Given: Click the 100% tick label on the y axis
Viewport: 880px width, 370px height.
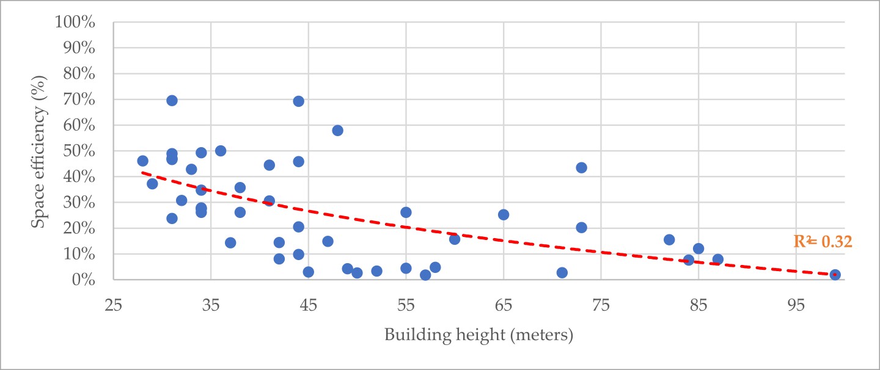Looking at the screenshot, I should click(x=83, y=23).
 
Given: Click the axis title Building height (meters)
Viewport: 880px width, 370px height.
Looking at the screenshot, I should click(x=479, y=335).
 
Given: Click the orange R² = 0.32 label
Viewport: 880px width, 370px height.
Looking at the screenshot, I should click(x=823, y=242).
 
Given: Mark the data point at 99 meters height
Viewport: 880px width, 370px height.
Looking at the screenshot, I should click(x=835, y=275).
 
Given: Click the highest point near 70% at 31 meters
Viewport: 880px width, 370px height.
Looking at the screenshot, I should click(x=172, y=101).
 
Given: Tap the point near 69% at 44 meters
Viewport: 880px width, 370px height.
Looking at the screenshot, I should click(x=298, y=101).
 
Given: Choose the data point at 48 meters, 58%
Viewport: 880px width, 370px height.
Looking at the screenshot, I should click(x=337, y=131).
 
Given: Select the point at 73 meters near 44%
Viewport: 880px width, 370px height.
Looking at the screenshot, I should click(x=581, y=168).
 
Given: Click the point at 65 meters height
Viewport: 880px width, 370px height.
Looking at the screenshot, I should click(x=504, y=215).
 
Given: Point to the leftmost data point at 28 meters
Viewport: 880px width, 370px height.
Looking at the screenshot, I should click(x=142, y=161).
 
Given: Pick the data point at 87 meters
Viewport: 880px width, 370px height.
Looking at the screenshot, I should click(x=717, y=259).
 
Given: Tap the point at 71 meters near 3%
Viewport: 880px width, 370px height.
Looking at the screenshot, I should click(x=562, y=273).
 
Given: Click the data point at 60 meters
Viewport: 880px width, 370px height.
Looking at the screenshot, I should click(x=455, y=239).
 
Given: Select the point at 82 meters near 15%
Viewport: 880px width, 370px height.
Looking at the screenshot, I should click(x=669, y=240).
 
